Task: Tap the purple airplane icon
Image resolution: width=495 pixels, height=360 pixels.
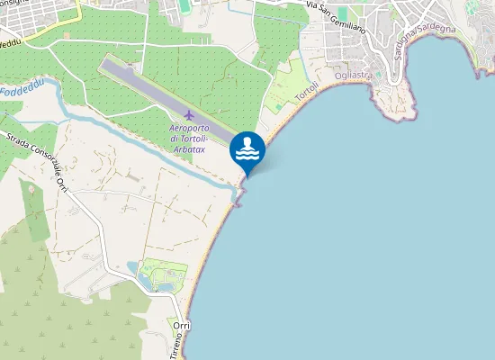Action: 188,115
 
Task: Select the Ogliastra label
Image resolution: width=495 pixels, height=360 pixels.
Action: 353,76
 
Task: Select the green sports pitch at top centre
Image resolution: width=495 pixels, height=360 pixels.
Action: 184,6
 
